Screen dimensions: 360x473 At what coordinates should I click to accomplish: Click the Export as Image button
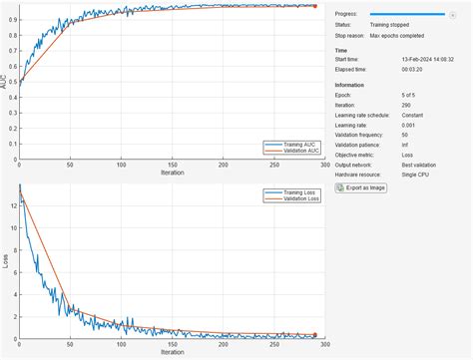(x=364, y=186)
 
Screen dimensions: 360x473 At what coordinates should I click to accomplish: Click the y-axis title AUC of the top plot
(x=4, y=84)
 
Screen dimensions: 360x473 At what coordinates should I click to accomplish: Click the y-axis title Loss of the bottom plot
(x=4, y=261)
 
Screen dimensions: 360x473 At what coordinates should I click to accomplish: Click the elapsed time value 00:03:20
(x=383, y=70)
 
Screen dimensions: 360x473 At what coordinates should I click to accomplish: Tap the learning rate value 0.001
(x=379, y=125)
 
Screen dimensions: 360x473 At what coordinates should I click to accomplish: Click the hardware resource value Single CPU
(x=386, y=174)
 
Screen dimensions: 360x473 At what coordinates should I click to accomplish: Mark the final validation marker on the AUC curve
(x=314, y=6)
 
